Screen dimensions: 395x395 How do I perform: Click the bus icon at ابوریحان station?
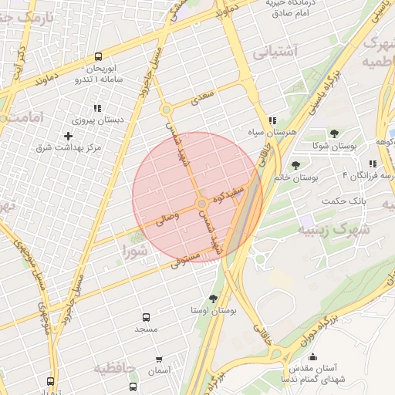tap(98, 56)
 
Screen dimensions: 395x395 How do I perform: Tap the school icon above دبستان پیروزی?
tap(97, 108)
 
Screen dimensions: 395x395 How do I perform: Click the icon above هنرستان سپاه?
tap(272, 121)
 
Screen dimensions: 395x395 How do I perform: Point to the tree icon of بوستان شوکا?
tap(333, 133)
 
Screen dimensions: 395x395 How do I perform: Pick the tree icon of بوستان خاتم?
tap(295, 164)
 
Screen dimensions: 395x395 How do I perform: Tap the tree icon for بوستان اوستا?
tap(213, 298)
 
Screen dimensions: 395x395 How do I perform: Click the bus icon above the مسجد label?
tap(146, 317)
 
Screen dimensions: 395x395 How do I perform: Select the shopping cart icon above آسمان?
tap(159, 359)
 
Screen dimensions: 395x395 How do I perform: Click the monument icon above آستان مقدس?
tap(312, 356)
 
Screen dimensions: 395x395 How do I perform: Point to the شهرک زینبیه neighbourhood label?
tap(335, 229)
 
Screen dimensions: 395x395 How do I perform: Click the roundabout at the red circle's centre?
tap(202, 204)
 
